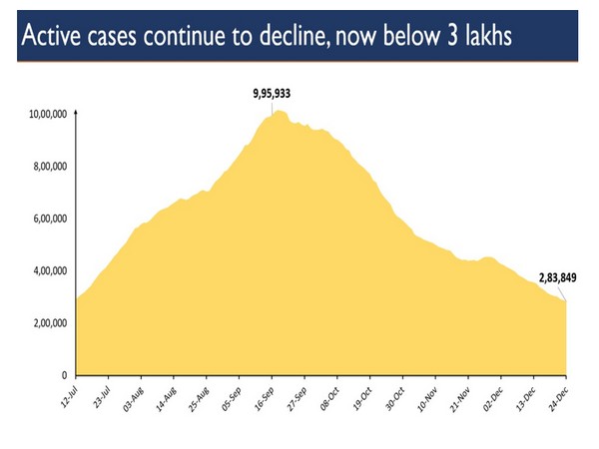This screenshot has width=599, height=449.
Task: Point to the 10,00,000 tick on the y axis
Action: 48,115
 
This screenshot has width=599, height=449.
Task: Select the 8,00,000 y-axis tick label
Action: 48,167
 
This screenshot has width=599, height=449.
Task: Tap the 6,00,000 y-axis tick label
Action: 48,219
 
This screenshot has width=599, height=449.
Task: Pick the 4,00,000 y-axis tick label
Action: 48,270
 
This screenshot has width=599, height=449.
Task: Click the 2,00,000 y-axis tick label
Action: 48,323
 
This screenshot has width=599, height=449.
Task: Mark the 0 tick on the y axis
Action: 63,375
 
